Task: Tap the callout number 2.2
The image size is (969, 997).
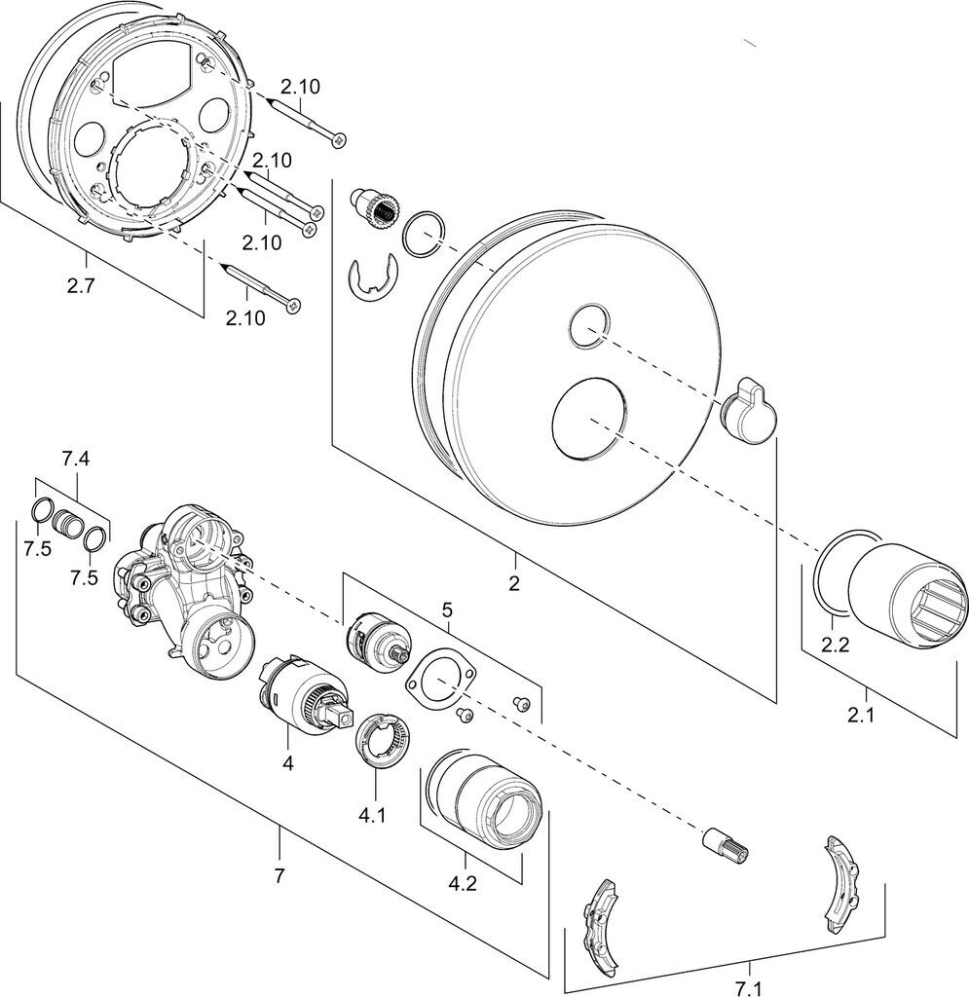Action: click(x=835, y=645)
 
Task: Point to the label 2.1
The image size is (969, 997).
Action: click(x=860, y=715)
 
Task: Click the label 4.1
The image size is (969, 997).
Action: click(x=372, y=815)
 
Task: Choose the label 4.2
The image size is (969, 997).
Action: click(x=463, y=884)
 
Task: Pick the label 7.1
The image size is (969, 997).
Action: click(x=749, y=988)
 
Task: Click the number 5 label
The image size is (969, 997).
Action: click(x=447, y=611)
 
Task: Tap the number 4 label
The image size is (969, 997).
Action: click(x=288, y=763)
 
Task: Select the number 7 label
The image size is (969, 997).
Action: click(x=280, y=875)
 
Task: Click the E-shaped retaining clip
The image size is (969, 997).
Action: click(x=374, y=278)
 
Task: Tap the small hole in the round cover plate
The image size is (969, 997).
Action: click(x=589, y=326)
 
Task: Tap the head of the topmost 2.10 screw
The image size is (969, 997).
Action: click(x=340, y=139)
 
